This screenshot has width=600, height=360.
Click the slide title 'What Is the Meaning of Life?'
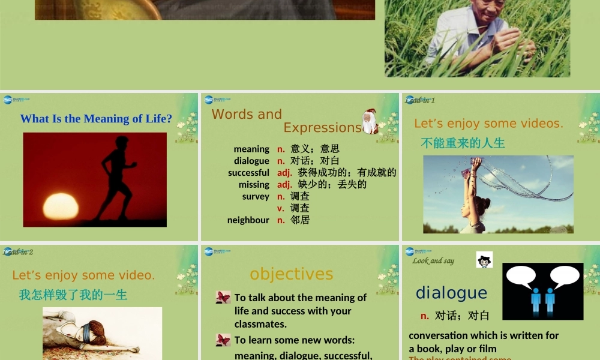tap(96, 119)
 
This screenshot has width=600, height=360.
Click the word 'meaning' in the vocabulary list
tap(251, 149)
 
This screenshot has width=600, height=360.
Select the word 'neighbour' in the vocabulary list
tap(248, 220)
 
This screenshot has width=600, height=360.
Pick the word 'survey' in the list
tap(256, 196)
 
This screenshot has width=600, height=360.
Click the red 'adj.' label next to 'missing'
tap(284, 184)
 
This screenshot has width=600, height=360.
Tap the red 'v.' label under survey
tap(280, 208)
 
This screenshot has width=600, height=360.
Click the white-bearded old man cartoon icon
tap(370, 122)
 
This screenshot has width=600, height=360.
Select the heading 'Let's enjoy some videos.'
tap(488, 124)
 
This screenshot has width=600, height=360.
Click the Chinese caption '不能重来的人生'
tap(463, 143)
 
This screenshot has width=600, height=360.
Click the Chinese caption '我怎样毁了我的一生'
tap(73, 295)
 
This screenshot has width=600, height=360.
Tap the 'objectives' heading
tap(291, 274)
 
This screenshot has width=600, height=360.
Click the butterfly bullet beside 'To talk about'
tap(223, 298)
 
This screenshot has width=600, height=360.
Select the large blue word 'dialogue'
tap(451, 293)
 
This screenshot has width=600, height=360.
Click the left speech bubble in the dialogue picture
tap(520, 277)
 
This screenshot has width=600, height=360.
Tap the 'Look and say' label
tap(433, 261)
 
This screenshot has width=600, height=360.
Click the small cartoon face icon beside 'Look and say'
tap(484, 260)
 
